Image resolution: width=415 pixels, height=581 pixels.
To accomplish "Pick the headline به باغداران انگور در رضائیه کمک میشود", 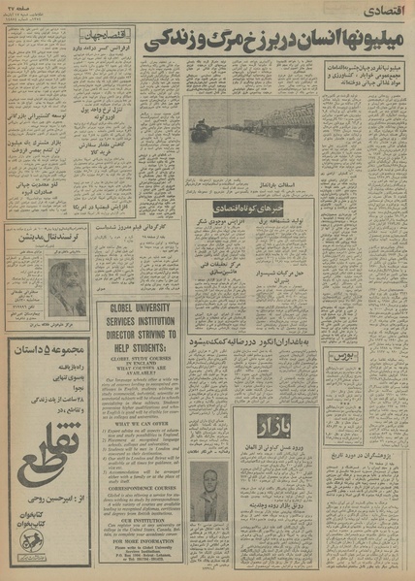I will [x=252, y=342].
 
